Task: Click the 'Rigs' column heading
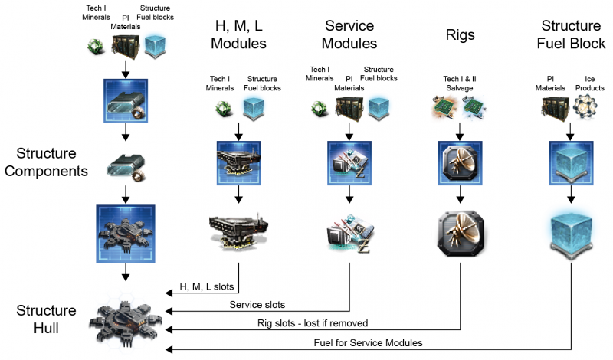point(461,34)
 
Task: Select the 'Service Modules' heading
point(350,34)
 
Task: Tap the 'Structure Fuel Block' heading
point(570,34)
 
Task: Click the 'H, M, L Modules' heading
point(240,34)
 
